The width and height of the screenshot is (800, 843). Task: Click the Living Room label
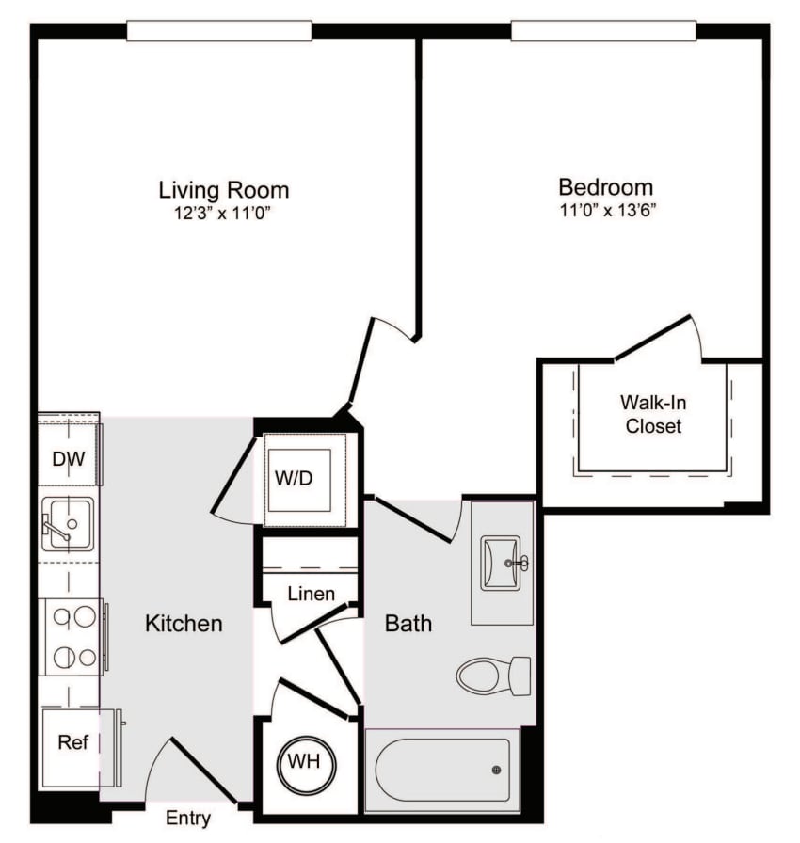click(223, 189)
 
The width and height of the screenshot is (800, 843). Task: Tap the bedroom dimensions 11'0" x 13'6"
click(605, 211)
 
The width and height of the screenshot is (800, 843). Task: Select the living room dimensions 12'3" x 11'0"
click(223, 214)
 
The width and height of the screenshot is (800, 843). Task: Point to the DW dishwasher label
click(68, 460)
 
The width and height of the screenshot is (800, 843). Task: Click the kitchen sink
click(67, 524)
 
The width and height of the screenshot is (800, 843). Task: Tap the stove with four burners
click(73, 637)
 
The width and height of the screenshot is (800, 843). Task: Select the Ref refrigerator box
click(73, 742)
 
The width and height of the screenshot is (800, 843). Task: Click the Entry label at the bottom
click(188, 818)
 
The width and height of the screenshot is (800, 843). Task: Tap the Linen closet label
click(311, 594)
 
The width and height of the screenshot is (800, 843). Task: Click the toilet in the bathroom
click(493, 675)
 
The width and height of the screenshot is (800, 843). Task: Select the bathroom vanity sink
click(501, 562)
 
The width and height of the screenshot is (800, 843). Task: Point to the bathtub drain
click(496, 770)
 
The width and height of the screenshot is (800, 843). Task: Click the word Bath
click(408, 623)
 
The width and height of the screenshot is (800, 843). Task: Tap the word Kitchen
click(184, 623)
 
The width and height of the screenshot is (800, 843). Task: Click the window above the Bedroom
click(602, 31)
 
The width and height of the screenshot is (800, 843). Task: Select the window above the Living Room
click(218, 31)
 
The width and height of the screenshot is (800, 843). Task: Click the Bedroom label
click(605, 186)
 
